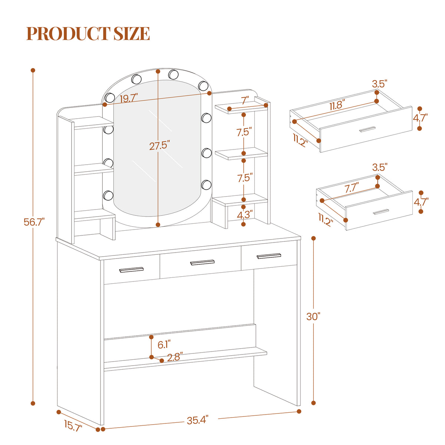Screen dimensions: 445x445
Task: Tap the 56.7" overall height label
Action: pyautogui.click(x=34, y=222)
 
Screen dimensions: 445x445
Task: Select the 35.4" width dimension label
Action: pyautogui.click(x=197, y=420)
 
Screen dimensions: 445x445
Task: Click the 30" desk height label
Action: pyautogui.click(x=313, y=316)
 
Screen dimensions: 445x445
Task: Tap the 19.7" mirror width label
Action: pyautogui.click(x=129, y=98)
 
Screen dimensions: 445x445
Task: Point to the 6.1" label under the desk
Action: pyautogui.click(x=164, y=345)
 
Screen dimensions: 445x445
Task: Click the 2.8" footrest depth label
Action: pyautogui.click(x=175, y=357)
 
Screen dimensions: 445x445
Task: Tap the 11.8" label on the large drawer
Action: pyautogui.click(x=337, y=105)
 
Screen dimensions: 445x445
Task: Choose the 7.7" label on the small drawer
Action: pyautogui.click(x=352, y=188)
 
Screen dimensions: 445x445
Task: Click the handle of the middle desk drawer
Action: pyautogui.click(x=202, y=262)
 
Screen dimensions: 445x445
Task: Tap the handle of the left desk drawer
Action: pyautogui.click(x=131, y=270)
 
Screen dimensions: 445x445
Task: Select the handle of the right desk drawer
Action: pyautogui.click(x=269, y=256)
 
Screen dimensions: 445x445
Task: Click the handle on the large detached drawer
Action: pyautogui.click(x=367, y=129)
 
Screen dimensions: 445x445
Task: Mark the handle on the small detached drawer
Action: pyautogui.click(x=381, y=211)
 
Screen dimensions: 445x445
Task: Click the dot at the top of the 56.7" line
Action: pyautogui.click(x=33, y=70)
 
